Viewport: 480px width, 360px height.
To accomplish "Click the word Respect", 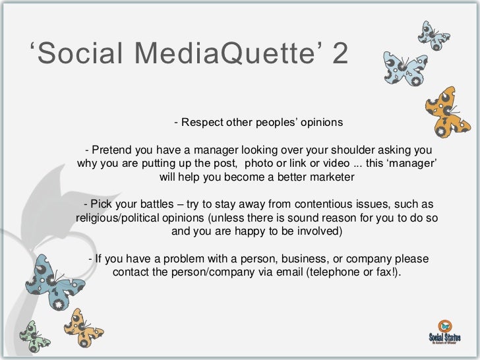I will [x=202, y=123].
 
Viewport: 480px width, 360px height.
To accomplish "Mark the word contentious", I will [x=328, y=203].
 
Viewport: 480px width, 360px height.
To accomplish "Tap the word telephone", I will [x=332, y=272].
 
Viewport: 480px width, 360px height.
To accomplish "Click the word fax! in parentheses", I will [x=388, y=272].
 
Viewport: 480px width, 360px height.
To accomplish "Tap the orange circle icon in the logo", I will [x=445, y=324].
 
